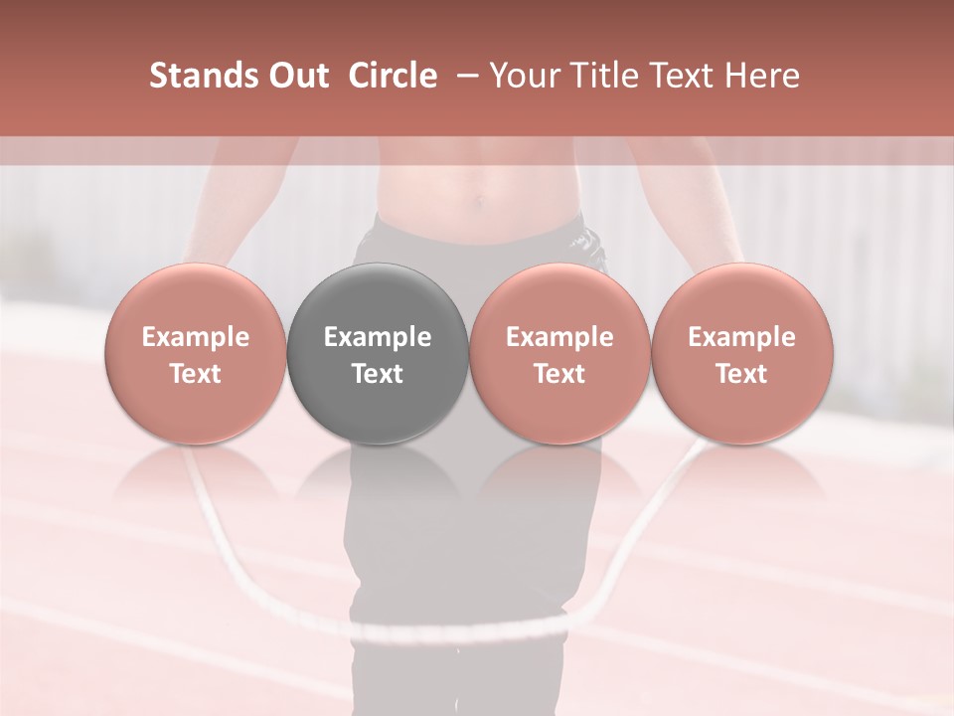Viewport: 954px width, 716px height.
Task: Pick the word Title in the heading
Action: point(606,76)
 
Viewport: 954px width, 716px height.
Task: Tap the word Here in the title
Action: point(759,76)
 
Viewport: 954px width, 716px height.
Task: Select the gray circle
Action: point(378,353)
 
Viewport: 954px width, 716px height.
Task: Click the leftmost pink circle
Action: point(196,353)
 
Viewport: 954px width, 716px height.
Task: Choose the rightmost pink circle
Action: point(742,353)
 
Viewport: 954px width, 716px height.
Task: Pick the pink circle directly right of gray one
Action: point(559,353)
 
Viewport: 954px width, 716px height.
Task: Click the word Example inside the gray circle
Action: point(378,337)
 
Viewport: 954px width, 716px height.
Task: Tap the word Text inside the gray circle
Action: point(378,374)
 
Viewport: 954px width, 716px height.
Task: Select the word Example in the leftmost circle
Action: point(196,337)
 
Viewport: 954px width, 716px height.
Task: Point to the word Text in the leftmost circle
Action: point(196,374)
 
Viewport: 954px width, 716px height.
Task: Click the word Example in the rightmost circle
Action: point(742,337)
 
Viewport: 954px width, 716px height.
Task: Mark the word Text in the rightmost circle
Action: point(742,374)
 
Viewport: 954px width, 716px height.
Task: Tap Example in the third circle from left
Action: point(559,337)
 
